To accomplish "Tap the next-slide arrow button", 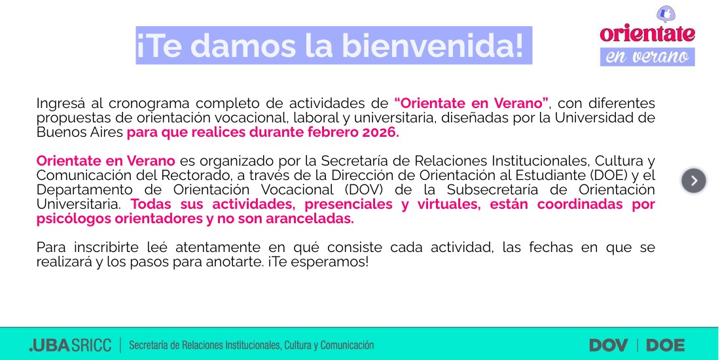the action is click(x=693, y=181).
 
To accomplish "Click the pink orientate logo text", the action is click(x=647, y=33).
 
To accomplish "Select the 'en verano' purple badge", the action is click(x=647, y=56).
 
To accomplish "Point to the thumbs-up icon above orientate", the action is click(x=666, y=14).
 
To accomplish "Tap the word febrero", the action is click(x=334, y=133).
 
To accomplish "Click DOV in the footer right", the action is click(x=609, y=346).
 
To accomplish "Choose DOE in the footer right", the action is click(x=666, y=346).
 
